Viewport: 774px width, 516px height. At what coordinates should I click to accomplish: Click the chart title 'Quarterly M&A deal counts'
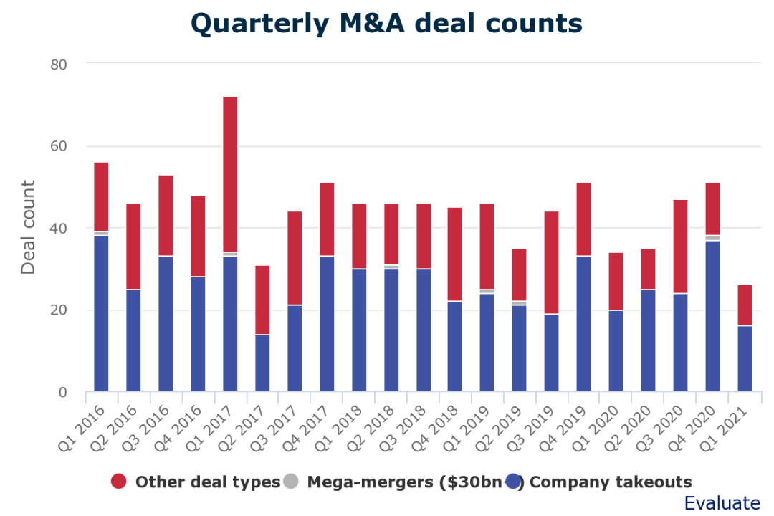pyautogui.click(x=386, y=24)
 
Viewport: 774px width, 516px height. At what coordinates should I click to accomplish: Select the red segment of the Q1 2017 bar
pyautogui.click(x=230, y=174)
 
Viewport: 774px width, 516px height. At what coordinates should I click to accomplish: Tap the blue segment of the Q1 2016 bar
pyautogui.click(x=101, y=313)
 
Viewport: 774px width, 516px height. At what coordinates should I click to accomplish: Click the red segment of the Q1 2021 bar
pyautogui.click(x=745, y=305)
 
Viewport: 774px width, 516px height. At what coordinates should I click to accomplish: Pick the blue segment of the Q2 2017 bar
pyautogui.click(x=262, y=363)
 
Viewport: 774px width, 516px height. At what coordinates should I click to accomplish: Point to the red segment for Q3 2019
pyautogui.click(x=552, y=262)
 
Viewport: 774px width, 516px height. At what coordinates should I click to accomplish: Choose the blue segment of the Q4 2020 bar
pyautogui.click(x=713, y=316)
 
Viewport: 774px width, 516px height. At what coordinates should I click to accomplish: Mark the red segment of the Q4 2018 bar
pyautogui.click(x=455, y=254)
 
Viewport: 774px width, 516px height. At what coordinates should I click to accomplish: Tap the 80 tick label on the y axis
pyautogui.click(x=59, y=64)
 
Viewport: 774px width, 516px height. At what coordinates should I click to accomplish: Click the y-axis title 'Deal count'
pyautogui.click(x=28, y=228)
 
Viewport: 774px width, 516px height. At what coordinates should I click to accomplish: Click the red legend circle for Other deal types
pyautogui.click(x=119, y=482)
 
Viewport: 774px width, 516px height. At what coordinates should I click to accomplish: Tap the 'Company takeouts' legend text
pyautogui.click(x=611, y=482)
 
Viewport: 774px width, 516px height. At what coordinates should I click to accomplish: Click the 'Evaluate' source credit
pyautogui.click(x=722, y=503)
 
